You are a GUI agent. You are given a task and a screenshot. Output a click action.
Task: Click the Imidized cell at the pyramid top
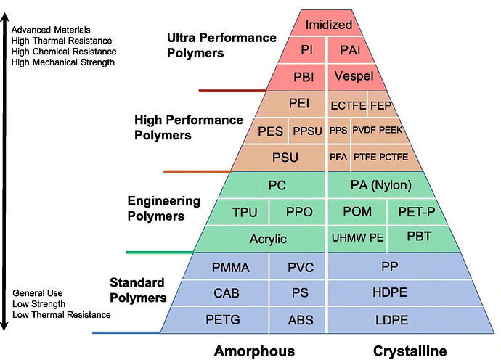coord(327,25)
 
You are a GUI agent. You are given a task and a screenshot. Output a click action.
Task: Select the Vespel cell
coord(354,76)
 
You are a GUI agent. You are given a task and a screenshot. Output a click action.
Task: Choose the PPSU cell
coord(306,131)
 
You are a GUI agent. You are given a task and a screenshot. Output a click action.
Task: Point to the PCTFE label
coord(395,156)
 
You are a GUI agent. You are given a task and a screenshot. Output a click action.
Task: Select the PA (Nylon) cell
coord(380,185)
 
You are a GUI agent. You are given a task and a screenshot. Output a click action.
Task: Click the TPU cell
coord(245,212)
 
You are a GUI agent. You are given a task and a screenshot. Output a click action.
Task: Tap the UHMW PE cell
coord(357,238)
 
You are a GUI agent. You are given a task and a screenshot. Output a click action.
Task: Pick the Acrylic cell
coord(268,239)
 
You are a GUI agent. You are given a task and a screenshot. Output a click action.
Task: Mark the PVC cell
coord(300,267)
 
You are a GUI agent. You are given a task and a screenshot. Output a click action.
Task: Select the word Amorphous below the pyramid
coord(254,351)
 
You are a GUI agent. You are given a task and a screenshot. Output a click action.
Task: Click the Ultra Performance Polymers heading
coord(221,44)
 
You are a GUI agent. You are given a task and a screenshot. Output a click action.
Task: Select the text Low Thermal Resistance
coord(62,314)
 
